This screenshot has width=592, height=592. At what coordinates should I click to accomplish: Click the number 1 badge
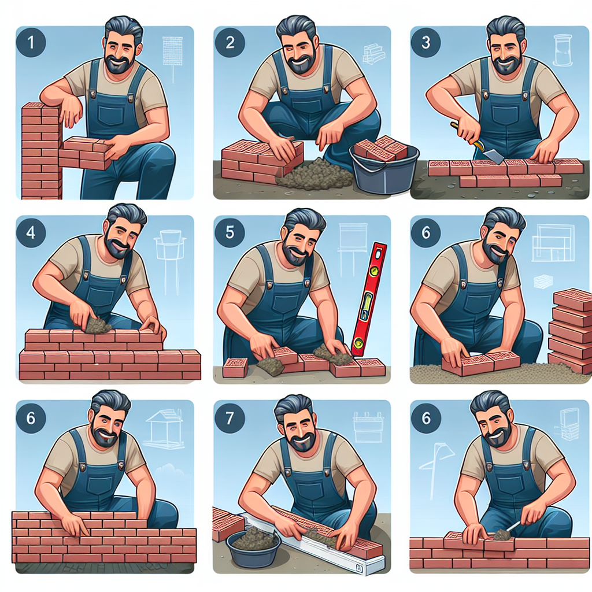pyautogui.click(x=31, y=42)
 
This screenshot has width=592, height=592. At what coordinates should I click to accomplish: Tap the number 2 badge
pyautogui.click(x=230, y=42)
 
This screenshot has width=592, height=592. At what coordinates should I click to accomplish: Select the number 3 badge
pyautogui.click(x=426, y=42)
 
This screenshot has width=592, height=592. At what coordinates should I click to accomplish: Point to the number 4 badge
pyautogui.click(x=31, y=232)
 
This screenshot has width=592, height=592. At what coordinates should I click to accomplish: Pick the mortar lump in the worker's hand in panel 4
pyautogui.click(x=97, y=325)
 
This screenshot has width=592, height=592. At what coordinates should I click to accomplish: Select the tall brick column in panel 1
pyautogui.click(x=42, y=150)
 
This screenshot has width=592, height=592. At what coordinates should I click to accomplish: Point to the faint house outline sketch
pyautogui.click(x=165, y=430)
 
